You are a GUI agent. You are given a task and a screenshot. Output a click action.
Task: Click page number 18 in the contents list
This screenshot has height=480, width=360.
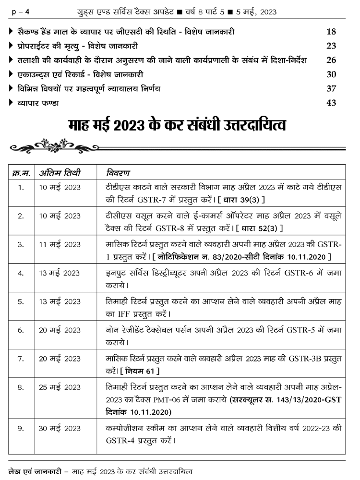click(331, 32)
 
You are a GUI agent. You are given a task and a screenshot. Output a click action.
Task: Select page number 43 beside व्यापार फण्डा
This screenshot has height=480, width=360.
click(331, 103)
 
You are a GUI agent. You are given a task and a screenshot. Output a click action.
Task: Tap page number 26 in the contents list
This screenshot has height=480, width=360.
click(331, 60)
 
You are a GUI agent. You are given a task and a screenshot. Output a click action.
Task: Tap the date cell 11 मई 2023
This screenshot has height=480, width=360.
click(60, 244)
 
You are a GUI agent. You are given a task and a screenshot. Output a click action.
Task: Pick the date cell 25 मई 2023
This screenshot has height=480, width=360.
click(60, 387)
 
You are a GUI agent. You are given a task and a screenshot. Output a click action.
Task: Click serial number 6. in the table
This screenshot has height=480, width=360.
click(21, 330)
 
